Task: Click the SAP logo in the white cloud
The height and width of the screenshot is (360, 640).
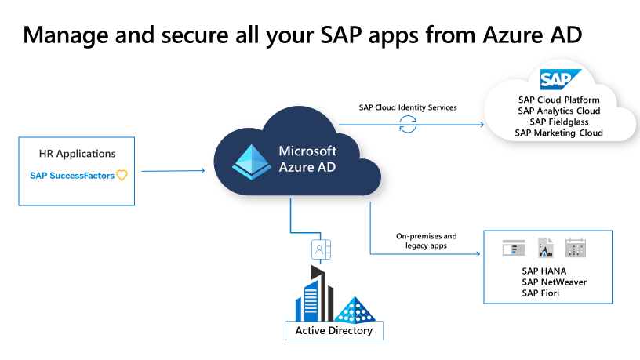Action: tap(559, 80)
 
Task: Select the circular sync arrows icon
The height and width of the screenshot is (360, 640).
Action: tap(408, 124)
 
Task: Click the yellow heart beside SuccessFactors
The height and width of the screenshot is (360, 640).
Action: tap(122, 176)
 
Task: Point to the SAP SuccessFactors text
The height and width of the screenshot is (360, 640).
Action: tap(72, 176)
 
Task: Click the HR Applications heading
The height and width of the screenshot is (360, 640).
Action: tap(77, 154)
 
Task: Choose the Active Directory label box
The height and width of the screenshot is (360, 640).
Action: tap(333, 330)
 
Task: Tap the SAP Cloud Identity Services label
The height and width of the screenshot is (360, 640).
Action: tap(408, 107)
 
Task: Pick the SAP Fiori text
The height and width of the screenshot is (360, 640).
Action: tap(541, 293)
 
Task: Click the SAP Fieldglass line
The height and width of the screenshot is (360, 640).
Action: tap(558, 122)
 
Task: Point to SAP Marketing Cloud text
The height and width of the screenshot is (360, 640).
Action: tap(558, 133)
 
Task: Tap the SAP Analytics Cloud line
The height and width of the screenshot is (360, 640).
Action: tap(558, 111)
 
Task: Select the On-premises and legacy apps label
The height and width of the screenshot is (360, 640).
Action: tap(426, 241)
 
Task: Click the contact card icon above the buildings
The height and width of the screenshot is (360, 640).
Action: tap(321, 249)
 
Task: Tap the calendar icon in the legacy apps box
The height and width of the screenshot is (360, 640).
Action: tap(576, 249)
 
